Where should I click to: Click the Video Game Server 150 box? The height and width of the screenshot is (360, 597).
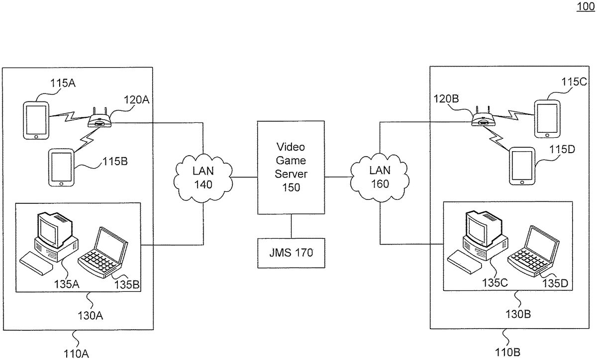pos(291,168)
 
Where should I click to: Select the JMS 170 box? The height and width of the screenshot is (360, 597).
pos(291,253)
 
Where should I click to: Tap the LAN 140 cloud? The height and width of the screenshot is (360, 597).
pos(203,178)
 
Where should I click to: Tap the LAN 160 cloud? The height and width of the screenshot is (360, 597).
pos(380,177)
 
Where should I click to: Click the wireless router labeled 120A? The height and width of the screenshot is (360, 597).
pos(99,120)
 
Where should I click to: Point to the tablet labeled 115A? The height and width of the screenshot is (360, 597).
pos(36,120)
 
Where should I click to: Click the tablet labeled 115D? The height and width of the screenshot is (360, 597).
pos(522,165)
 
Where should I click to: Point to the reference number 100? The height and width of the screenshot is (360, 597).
pos(585,7)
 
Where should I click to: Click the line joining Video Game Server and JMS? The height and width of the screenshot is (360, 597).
pos(291,226)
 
